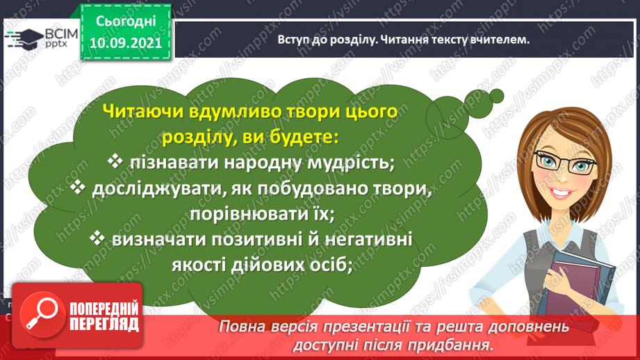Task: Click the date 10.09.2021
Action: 126,43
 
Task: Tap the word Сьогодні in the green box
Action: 126,22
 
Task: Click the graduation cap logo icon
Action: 24,39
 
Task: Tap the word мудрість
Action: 351,163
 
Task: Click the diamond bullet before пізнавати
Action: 115,161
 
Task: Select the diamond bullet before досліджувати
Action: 78,188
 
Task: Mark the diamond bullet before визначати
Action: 97,238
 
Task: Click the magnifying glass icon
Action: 42,314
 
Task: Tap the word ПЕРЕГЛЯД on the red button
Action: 104,325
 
